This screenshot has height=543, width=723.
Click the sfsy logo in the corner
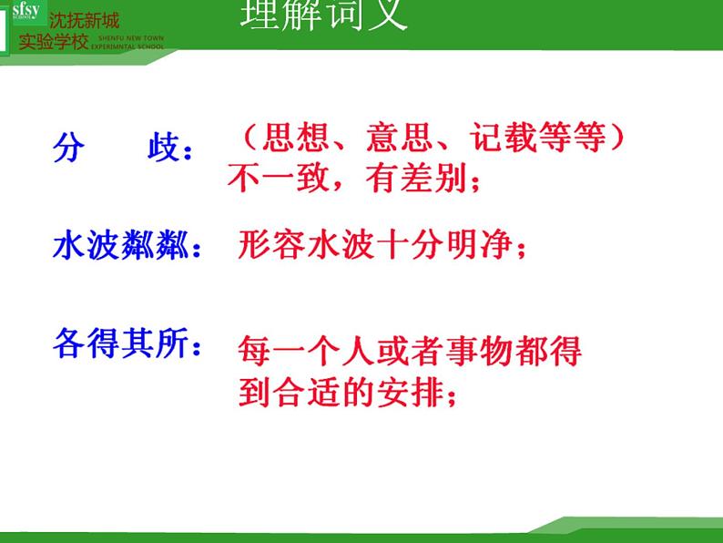(25, 19)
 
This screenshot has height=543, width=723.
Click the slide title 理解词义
(324, 15)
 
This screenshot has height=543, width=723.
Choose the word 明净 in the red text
(487, 246)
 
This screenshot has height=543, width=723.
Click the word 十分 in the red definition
(413, 246)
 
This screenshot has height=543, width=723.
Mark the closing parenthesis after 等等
(617, 138)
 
